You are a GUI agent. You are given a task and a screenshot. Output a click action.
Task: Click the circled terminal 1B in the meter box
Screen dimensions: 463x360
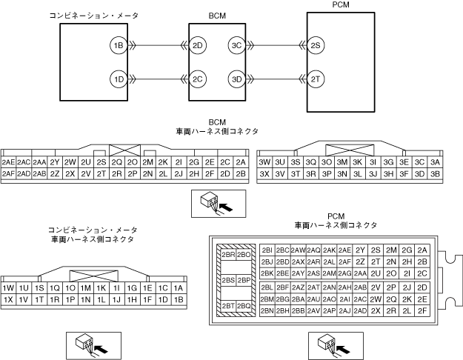117,45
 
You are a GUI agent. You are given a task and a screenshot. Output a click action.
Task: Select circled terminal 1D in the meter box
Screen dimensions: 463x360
117,79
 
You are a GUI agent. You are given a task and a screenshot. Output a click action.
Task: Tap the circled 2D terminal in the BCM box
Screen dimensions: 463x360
198,45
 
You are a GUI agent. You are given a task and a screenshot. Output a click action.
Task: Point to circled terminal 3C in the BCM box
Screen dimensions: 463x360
236,45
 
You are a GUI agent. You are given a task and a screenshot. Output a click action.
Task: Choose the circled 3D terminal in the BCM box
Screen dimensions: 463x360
236,79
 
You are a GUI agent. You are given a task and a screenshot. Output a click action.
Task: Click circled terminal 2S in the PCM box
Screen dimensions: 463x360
316,45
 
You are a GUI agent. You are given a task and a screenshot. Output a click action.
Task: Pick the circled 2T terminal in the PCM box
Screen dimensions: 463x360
316,79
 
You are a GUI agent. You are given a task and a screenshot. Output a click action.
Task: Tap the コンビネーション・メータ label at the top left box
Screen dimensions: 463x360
83,15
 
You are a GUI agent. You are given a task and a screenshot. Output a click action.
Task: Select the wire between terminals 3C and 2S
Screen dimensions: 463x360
274,45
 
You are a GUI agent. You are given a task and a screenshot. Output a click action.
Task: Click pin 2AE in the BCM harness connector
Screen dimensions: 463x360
9,162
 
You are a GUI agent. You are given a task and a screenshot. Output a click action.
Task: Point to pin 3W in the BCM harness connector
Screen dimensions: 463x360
264,162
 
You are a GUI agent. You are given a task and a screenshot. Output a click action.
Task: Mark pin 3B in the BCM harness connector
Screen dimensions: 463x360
435,174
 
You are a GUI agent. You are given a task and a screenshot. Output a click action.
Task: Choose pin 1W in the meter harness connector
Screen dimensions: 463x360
9,288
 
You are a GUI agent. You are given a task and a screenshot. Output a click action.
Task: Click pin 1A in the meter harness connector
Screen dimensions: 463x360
178,288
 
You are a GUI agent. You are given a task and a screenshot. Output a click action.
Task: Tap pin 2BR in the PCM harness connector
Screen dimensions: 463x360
228,255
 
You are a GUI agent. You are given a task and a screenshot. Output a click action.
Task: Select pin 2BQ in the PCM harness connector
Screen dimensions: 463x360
244,305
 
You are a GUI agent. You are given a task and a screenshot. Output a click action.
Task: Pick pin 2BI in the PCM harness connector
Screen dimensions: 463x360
267,250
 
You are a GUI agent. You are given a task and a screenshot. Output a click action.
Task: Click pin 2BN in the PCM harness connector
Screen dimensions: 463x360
267,311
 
